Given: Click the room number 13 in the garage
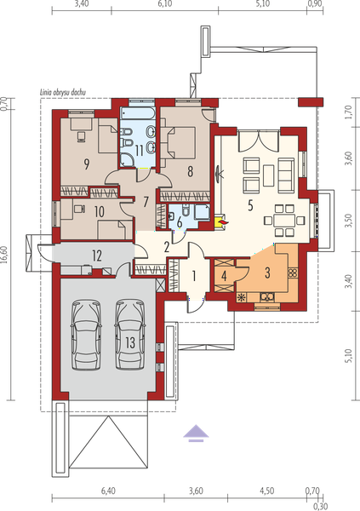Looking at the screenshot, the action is click(x=130, y=342).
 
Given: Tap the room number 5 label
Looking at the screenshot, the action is click(x=250, y=205).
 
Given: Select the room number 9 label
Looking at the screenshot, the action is click(x=86, y=164).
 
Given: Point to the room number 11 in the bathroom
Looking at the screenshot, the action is click(x=140, y=151).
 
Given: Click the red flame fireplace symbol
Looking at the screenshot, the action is click(x=224, y=222).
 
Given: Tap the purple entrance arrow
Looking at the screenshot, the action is click(x=196, y=433).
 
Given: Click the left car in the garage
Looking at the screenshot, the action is click(x=86, y=335).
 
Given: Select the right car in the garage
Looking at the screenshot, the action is click(x=130, y=335).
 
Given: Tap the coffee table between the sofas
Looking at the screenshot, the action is click(x=268, y=175).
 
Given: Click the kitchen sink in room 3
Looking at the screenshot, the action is click(x=267, y=297).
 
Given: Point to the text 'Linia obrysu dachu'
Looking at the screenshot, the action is click(x=63, y=92).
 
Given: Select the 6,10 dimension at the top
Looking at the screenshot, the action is click(x=165, y=3).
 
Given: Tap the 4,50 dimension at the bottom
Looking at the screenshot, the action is click(x=266, y=491).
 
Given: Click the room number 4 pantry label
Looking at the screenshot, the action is click(x=224, y=276).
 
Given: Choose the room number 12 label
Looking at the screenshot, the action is click(x=97, y=255).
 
